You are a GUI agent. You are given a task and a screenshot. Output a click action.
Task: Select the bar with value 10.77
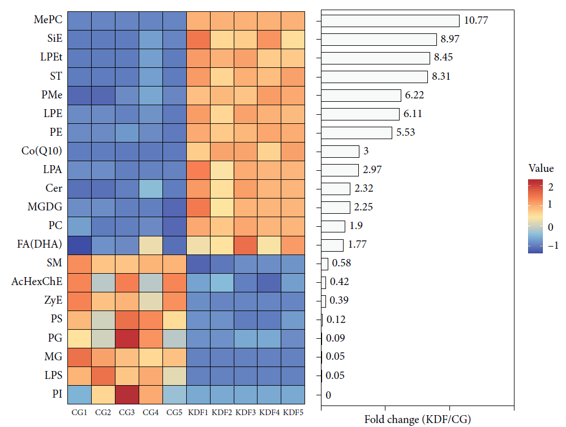click(x=390, y=21)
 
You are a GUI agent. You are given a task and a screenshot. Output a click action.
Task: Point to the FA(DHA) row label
click(x=42, y=245)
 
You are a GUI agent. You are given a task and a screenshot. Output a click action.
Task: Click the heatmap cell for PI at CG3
click(x=127, y=394)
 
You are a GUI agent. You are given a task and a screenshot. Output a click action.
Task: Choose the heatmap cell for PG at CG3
click(x=127, y=338)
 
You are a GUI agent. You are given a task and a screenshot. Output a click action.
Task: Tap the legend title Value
click(x=541, y=169)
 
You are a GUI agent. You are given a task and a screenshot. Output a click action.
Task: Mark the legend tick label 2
click(x=550, y=187)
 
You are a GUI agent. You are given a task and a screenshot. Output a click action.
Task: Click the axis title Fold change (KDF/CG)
click(x=418, y=420)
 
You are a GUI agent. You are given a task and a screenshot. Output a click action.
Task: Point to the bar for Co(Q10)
click(x=340, y=152)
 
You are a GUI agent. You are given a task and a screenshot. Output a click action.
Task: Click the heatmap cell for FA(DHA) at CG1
click(x=79, y=245)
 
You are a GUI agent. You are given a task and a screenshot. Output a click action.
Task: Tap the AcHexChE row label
click(x=37, y=282)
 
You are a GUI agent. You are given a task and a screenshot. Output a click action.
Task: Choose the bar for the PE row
click(x=357, y=133)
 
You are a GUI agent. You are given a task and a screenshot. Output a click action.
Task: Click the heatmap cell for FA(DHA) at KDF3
click(x=246, y=245)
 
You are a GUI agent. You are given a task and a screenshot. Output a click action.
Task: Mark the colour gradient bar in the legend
click(x=535, y=216)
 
